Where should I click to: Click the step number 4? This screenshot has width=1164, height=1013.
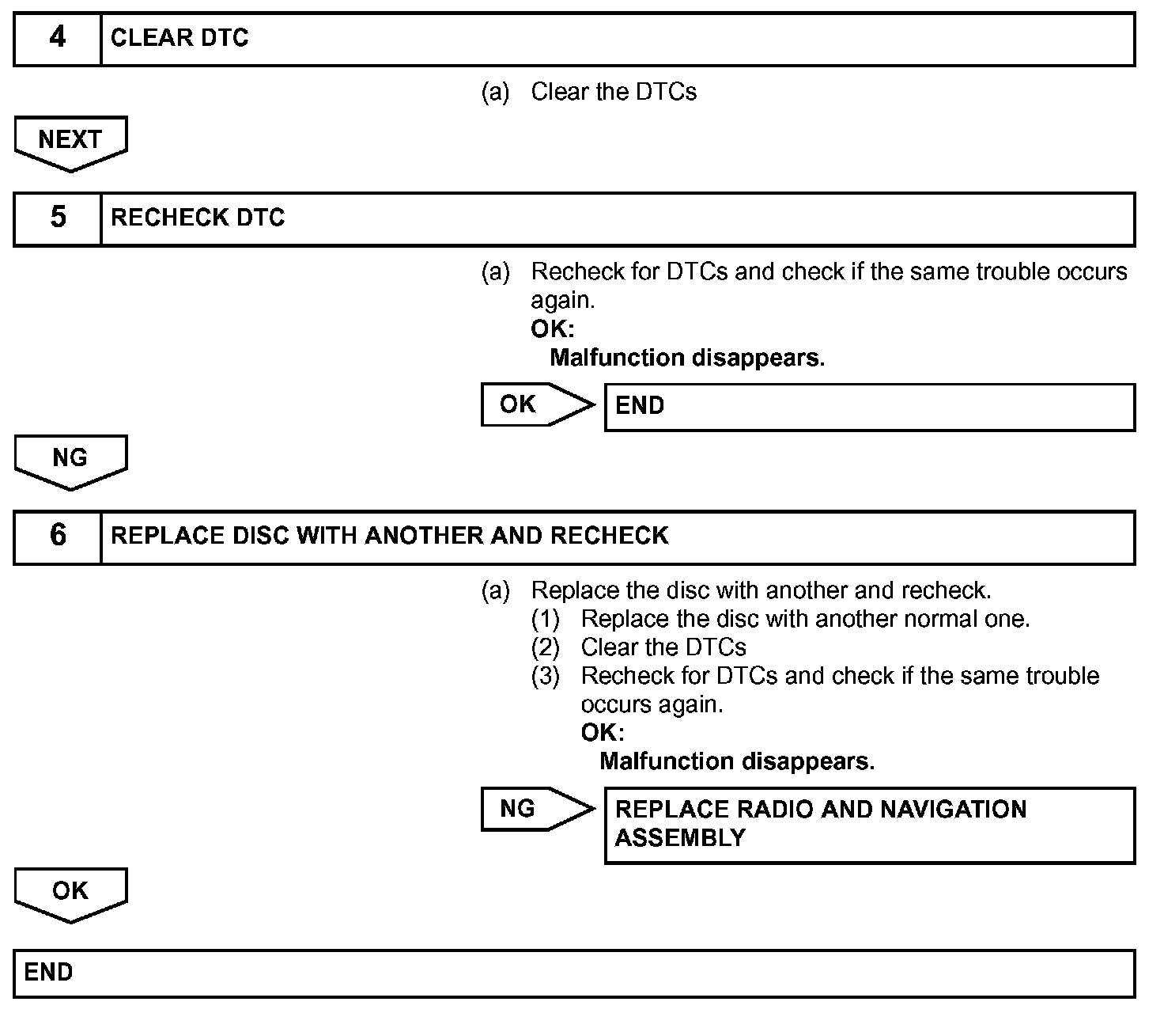click(58, 38)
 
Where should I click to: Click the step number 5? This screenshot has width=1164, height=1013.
click(58, 218)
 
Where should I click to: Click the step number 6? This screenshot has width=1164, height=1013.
click(58, 536)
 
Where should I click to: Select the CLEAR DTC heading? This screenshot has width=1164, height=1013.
click(180, 38)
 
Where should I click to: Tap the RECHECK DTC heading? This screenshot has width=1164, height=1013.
click(198, 218)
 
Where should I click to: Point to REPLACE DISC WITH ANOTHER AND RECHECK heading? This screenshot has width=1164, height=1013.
click(389, 536)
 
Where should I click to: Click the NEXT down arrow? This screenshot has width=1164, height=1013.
click(70, 143)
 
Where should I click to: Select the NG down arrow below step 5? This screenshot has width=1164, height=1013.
click(70, 461)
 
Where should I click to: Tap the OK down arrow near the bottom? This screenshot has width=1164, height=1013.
click(70, 894)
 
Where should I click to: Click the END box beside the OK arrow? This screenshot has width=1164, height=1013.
click(869, 407)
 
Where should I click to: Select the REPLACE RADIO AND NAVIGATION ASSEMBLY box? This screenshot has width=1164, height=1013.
click(869, 824)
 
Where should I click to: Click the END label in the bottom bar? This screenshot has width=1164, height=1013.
click(48, 972)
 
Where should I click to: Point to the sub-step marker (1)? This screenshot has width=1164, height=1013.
click(545, 619)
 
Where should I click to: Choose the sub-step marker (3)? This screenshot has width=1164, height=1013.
click(545, 676)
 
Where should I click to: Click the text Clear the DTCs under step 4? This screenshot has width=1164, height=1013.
click(614, 93)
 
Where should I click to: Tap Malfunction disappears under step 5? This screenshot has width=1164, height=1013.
click(686, 358)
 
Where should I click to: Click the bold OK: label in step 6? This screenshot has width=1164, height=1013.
click(602, 733)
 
